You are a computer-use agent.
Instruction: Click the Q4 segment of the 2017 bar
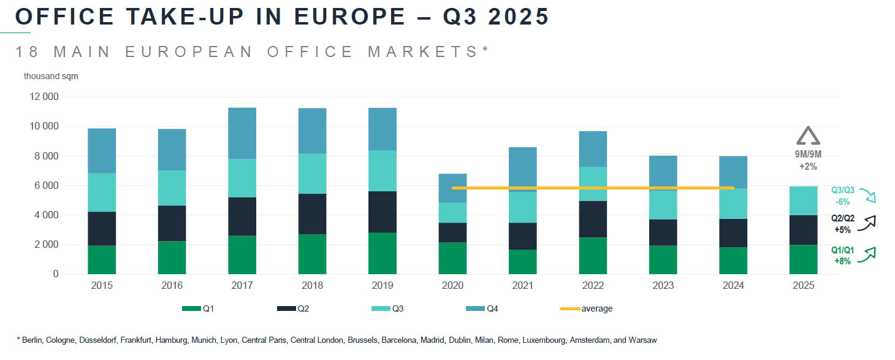point(242,133)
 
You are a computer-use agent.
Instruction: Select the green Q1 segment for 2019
point(382,253)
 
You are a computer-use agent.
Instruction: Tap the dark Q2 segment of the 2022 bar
point(592,219)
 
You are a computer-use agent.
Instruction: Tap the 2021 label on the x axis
point(522,286)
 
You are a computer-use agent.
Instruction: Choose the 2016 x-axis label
point(172,286)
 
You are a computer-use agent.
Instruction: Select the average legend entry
point(596,308)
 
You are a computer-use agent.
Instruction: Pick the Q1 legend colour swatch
point(191,308)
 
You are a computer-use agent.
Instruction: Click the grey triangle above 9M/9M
point(807,137)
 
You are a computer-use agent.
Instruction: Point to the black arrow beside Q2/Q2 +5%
point(868,224)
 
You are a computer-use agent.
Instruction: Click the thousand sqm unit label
point(51,76)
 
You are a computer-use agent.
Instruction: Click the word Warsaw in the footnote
point(644,339)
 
